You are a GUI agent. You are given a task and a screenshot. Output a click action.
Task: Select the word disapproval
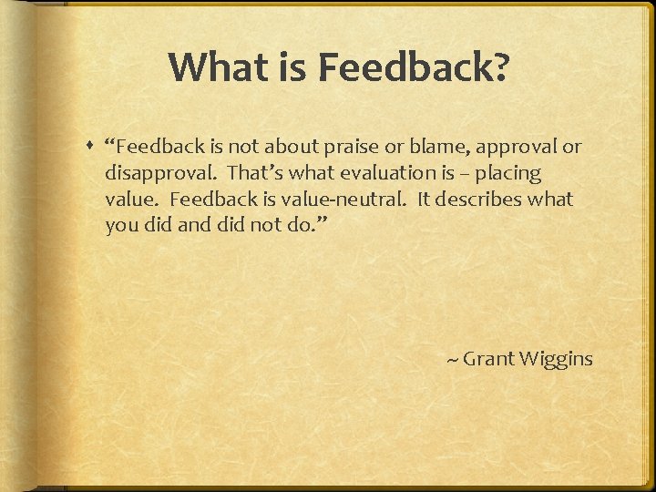click(x=160, y=173)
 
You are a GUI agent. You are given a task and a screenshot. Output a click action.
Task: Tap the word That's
click(x=257, y=173)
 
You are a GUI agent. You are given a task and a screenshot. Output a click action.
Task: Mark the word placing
click(x=507, y=173)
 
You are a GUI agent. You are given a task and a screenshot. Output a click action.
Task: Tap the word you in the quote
click(x=121, y=226)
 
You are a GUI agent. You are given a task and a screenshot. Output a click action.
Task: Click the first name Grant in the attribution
click(x=488, y=359)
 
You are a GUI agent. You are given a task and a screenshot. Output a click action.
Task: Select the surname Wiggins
click(x=556, y=359)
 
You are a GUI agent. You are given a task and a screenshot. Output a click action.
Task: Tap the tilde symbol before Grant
click(x=452, y=360)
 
